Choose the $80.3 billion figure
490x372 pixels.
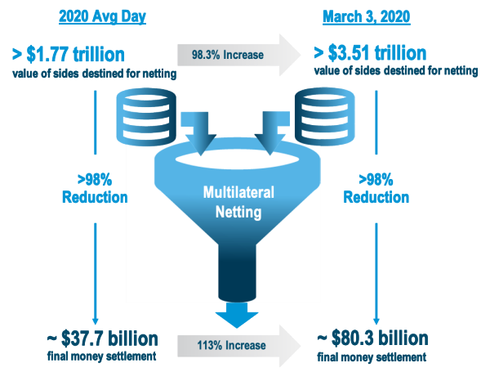pos(372,338)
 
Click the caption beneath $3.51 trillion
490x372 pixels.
pos(395,74)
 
